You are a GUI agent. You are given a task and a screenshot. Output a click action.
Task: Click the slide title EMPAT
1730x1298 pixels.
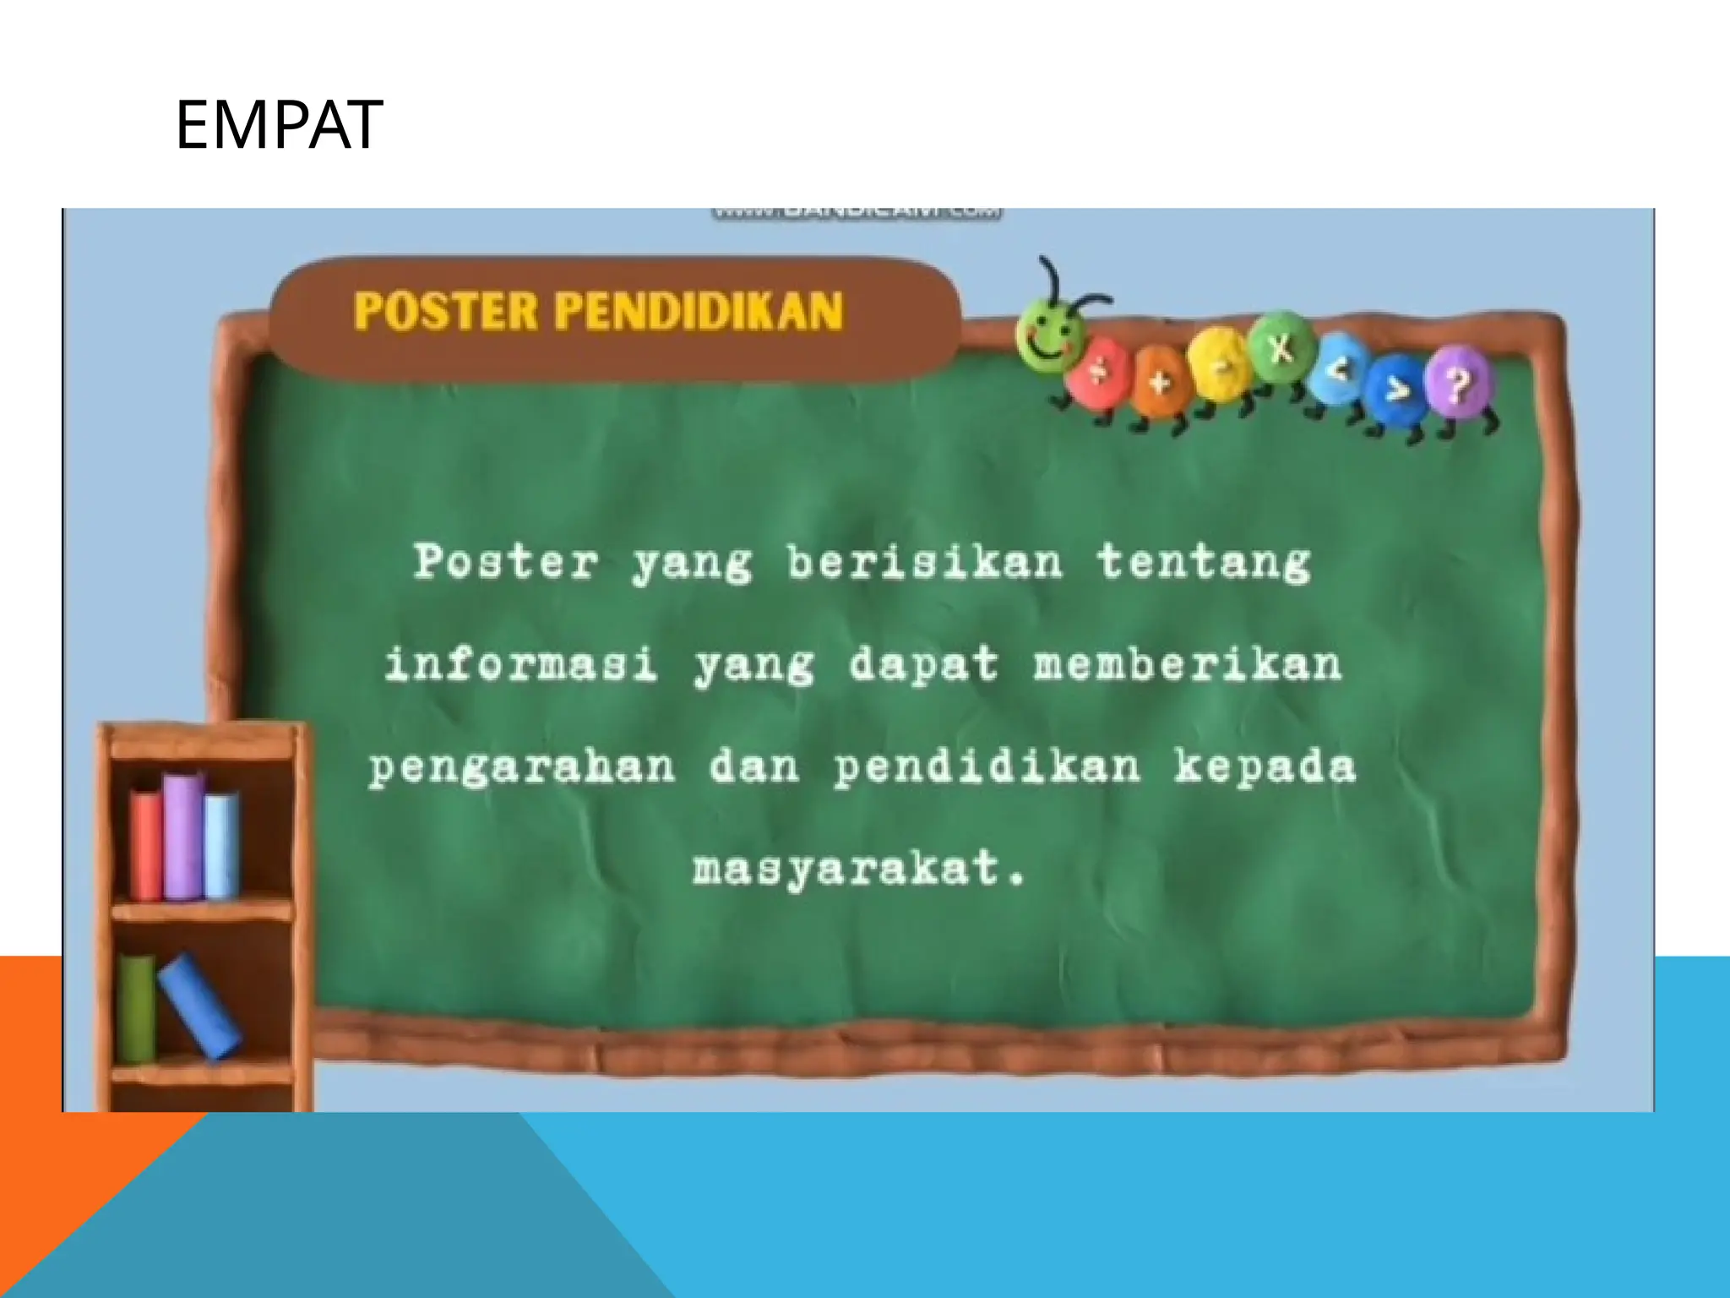279,125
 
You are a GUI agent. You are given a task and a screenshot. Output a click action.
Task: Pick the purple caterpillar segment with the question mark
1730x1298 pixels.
1459,384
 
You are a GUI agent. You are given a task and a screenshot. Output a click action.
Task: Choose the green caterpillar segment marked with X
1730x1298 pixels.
1281,348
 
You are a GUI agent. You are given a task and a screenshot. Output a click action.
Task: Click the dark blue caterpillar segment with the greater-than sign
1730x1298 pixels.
1399,390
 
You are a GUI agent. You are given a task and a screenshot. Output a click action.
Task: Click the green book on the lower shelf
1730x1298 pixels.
136,1007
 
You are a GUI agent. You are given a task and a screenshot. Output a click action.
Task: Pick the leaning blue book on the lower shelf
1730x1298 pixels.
199,1006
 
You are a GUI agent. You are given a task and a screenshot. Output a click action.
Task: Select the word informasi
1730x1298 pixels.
520,664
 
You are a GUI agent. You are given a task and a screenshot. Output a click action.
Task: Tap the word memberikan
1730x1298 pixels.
1187,664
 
